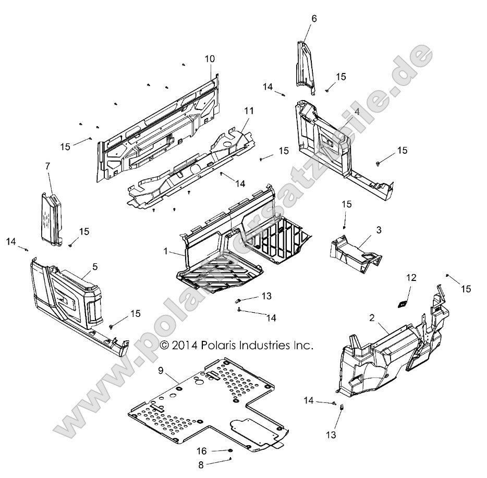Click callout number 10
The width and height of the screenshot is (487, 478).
pyautogui.click(x=210, y=59)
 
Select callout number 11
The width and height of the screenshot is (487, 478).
pyautogui.click(x=248, y=111)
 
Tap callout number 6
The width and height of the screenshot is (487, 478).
pyautogui.click(x=313, y=18)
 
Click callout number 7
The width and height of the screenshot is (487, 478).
pyautogui.click(x=47, y=166)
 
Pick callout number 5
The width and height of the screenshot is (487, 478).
pyautogui.click(x=95, y=266)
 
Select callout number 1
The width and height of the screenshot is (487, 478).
pyautogui.click(x=165, y=251)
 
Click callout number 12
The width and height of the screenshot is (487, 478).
pyautogui.click(x=411, y=278)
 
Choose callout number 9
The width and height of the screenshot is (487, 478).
pyautogui.click(x=161, y=371)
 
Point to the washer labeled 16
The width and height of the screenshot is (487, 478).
pyautogui.click(x=229, y=451)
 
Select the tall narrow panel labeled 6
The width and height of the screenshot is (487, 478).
pyautogui.click(x=307, y=68)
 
